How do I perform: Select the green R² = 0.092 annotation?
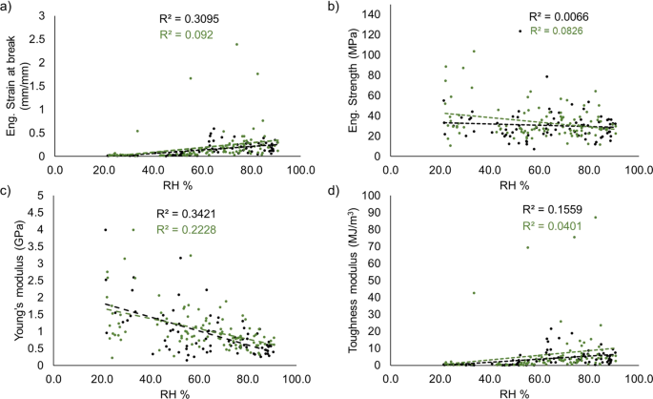pos(189,33)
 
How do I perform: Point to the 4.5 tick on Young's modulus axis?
pos(41,213)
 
